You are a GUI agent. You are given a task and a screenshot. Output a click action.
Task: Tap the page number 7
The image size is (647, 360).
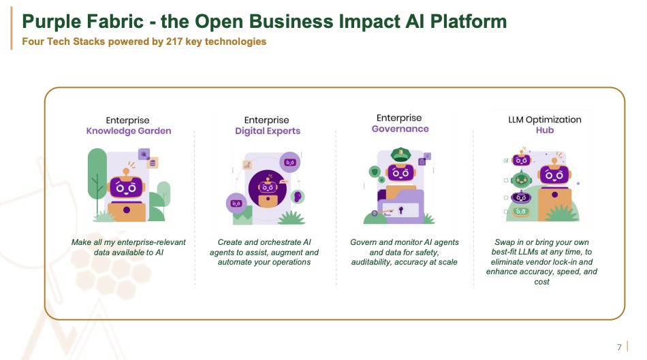[x=619, y=348]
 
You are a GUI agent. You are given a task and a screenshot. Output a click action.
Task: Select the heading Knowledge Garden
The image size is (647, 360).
[x=129, y=131]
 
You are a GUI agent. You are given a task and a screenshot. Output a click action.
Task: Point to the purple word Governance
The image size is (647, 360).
[x=400, y=129]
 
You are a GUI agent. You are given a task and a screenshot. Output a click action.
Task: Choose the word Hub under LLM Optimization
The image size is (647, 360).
[x=545, y=130]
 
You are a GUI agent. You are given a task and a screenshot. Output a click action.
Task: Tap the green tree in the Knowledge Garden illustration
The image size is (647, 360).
[x=97, y=170]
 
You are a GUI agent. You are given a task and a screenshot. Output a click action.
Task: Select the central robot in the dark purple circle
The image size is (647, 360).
[x=268, y=188]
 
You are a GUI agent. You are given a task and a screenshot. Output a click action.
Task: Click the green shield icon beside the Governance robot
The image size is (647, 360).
[x=374, y=171]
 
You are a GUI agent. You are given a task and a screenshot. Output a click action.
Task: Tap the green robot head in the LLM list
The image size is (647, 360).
[x=521, y=179]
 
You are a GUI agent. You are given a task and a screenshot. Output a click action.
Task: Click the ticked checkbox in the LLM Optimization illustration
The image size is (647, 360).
[x=505, y=161]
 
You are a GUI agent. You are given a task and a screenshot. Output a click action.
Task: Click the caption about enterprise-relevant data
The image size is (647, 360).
[x=128, y=247]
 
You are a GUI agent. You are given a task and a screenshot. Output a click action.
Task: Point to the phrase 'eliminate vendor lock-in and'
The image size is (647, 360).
[x=541, y=261]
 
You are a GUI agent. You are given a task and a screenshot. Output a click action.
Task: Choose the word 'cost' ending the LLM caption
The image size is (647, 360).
[x=541, y=281]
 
